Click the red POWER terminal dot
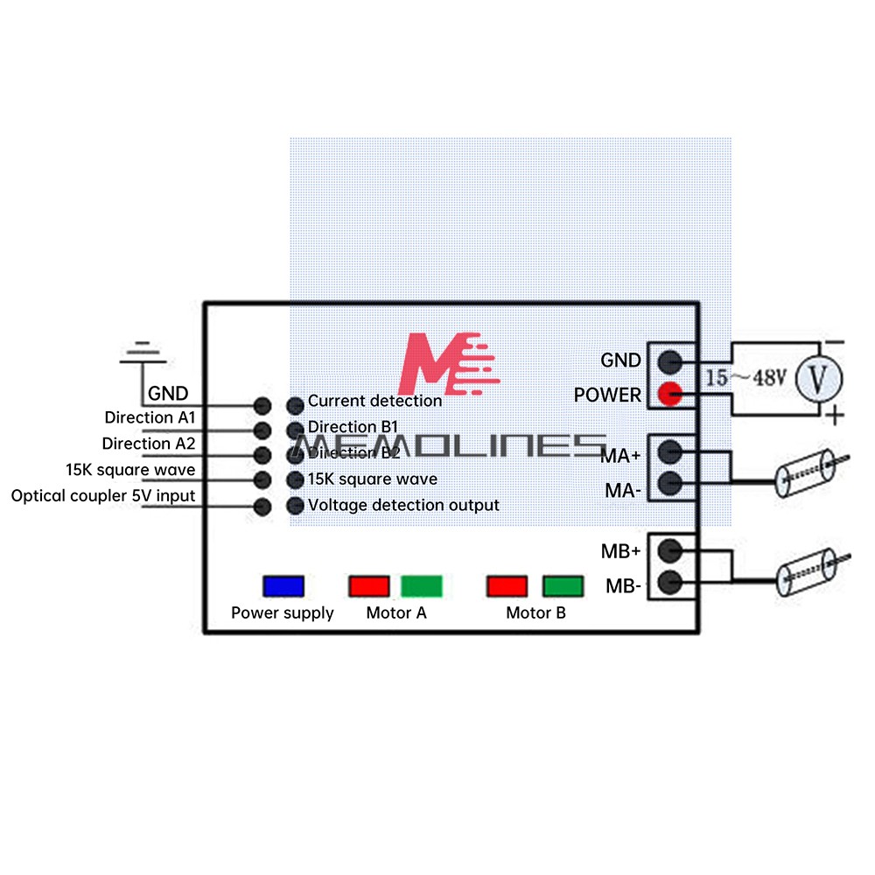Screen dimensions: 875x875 point(670,395)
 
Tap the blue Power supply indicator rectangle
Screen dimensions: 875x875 point(283,585)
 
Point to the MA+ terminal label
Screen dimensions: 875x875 point(621,455)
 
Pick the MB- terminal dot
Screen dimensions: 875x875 point(670,582)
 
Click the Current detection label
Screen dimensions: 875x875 point(374,401)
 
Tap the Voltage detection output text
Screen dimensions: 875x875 point(403,505)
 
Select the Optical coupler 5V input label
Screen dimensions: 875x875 point(103,496)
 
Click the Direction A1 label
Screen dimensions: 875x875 point(150,417)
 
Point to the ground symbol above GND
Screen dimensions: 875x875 point(143,353)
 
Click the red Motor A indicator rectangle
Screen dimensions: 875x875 point(369,585)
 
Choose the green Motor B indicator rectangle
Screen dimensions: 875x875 point(562,585)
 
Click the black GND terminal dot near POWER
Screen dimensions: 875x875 point(670,360)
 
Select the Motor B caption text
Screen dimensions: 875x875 point(535,612)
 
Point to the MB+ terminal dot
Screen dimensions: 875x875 point(670,550)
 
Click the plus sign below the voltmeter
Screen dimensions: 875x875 point(836,415)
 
